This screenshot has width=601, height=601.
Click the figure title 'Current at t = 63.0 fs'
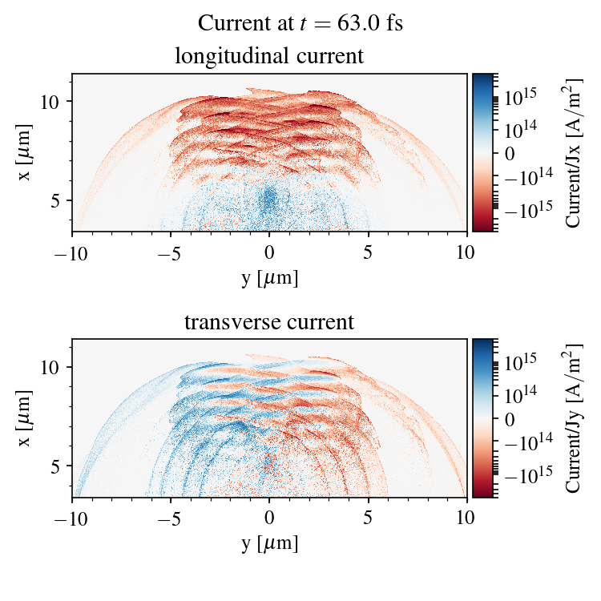[x=300, y=23]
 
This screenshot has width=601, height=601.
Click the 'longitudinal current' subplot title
[x=269, y=57]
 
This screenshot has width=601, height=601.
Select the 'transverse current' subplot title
[x=269, y=323]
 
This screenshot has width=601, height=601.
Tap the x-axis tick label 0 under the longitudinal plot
[x=270, y=252]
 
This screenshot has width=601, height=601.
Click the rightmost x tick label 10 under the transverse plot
[x=467, y=518]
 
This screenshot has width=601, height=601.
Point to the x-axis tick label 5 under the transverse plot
[x=369, y=518]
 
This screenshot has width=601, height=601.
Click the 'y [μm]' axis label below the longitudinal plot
[x=270, y=278]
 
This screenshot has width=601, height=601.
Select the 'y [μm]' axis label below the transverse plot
[x=270, y=544]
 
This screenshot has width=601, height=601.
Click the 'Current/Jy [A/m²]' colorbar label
[x=574, y=418]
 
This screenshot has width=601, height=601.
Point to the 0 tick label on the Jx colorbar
[x=510, y=153]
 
